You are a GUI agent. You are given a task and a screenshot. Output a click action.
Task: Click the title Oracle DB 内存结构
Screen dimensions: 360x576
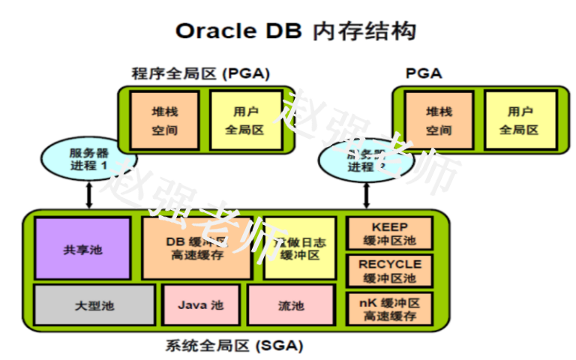click(x=295, y=31)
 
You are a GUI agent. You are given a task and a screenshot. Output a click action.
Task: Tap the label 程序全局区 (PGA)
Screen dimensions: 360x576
click(x=200, y=73)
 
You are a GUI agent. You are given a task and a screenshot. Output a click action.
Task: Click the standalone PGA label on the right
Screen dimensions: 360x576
click(x=424, y=73)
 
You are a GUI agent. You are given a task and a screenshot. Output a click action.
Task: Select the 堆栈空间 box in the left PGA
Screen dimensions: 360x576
click(x=164, y=120)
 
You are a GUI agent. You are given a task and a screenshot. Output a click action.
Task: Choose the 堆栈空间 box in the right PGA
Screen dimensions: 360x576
click(x=439, y=120)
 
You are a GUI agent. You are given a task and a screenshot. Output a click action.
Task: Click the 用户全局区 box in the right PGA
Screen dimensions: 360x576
click(x=520, y=120)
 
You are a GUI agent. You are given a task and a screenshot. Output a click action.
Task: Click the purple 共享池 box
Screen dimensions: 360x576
click(x=82, y=249)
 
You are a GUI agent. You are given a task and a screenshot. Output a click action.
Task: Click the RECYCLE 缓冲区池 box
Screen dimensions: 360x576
click(x=389, y=271)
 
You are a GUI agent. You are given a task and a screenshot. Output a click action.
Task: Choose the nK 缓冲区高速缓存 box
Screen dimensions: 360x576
click(x=389, y=308)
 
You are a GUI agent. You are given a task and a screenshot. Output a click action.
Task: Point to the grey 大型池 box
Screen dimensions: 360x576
click(x=94, y=305)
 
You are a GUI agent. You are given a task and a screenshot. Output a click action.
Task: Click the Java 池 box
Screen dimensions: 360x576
click(x=200, y=305)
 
